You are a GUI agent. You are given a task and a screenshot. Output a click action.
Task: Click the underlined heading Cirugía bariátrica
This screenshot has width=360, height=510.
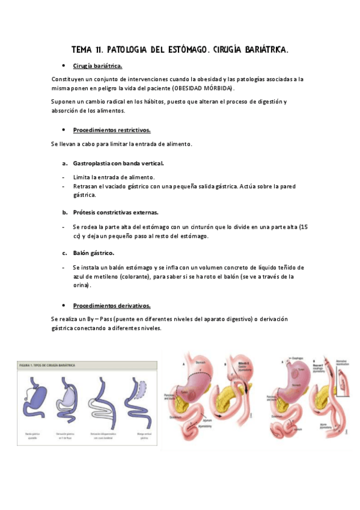tap(97, 66)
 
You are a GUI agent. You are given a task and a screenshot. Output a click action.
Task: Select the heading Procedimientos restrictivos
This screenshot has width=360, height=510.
tap(111, 130)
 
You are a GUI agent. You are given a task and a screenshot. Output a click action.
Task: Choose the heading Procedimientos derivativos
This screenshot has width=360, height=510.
tap(111, 305)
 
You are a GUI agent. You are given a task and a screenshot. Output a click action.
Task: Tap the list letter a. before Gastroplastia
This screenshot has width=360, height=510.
tap(64, 164)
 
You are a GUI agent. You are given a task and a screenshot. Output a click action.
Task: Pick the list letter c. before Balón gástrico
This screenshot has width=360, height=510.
tap(64, 253)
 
